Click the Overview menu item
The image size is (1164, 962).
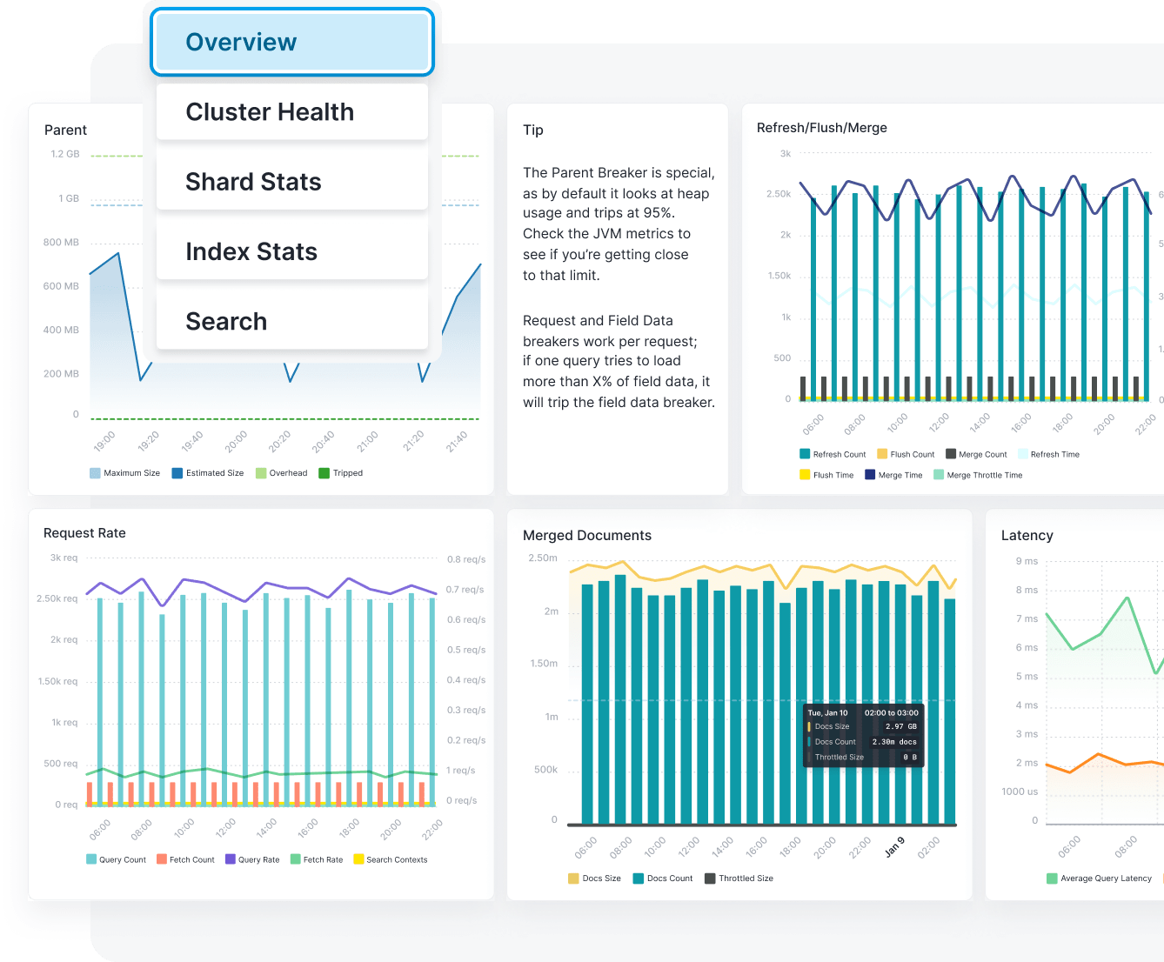point(291,42)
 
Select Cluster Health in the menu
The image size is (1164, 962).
point(291,112)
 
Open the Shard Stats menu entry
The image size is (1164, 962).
point(291,182)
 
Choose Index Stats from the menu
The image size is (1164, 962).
point(291,251)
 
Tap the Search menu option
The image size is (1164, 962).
point(291,321)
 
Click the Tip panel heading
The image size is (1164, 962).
point(533,130)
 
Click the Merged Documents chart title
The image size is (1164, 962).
point(586,536)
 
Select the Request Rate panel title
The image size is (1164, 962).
point(84,533)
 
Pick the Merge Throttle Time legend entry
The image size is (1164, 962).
point(984,475)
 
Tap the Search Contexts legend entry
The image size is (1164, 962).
point(396,859)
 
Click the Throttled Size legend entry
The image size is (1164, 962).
point(745,878)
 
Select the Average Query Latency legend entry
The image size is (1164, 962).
point(1105,878)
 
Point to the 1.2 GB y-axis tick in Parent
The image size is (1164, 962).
point(64,154)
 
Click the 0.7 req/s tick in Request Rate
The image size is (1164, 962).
point(465,590)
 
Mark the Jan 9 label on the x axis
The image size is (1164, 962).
point(894,846)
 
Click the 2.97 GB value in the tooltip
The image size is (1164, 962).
point(900,726)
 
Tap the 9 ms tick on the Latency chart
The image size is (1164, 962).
point(1027,561)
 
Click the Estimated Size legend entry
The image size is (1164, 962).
point(214,473)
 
